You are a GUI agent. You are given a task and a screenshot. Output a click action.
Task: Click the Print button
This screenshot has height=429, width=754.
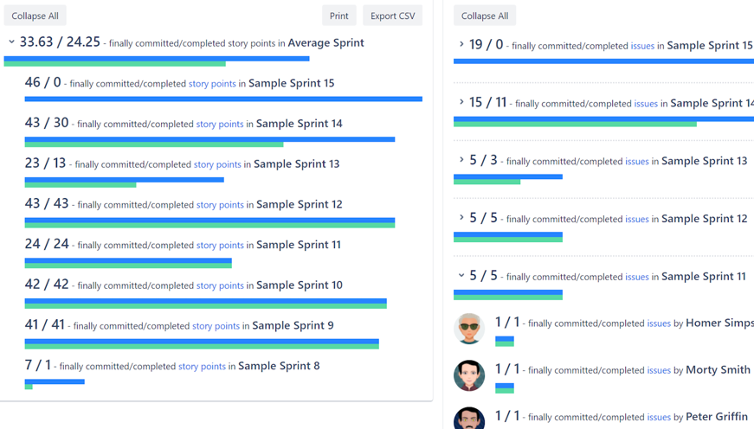338,16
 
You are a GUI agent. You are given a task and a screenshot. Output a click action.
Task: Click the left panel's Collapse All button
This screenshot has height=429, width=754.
35,16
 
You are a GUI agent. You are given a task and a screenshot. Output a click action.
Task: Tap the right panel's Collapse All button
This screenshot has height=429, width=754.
485,16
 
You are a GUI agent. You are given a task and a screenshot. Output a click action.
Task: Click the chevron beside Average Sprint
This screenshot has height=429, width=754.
11,42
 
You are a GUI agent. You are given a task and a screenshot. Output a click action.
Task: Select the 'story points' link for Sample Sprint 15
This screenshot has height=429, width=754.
212,84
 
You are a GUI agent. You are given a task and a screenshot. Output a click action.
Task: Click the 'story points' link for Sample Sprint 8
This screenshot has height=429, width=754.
202,367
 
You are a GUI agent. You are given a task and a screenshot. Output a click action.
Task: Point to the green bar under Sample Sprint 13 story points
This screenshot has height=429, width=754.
81,185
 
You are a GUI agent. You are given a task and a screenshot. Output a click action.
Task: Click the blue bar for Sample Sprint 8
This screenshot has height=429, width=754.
55,381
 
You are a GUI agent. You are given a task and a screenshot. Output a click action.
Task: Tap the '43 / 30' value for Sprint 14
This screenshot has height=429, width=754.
47,124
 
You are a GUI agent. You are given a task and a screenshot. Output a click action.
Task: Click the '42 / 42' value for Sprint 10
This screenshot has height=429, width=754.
47,285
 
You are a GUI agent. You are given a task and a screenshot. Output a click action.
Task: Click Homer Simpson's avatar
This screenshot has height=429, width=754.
469,329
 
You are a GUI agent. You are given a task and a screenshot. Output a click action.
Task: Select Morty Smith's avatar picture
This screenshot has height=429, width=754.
469,375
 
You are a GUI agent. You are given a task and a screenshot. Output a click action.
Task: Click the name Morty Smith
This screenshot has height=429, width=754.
718,369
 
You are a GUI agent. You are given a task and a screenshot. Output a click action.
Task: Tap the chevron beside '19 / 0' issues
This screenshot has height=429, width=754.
461,44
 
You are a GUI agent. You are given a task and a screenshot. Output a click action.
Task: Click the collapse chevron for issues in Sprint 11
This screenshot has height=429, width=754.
461,276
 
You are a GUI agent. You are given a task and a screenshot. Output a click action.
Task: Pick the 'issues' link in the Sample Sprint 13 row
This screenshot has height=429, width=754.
636,162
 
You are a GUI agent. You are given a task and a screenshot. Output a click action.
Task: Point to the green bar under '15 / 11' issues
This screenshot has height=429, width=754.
575,124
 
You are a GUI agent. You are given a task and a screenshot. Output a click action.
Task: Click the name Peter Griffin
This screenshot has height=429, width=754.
718,417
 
